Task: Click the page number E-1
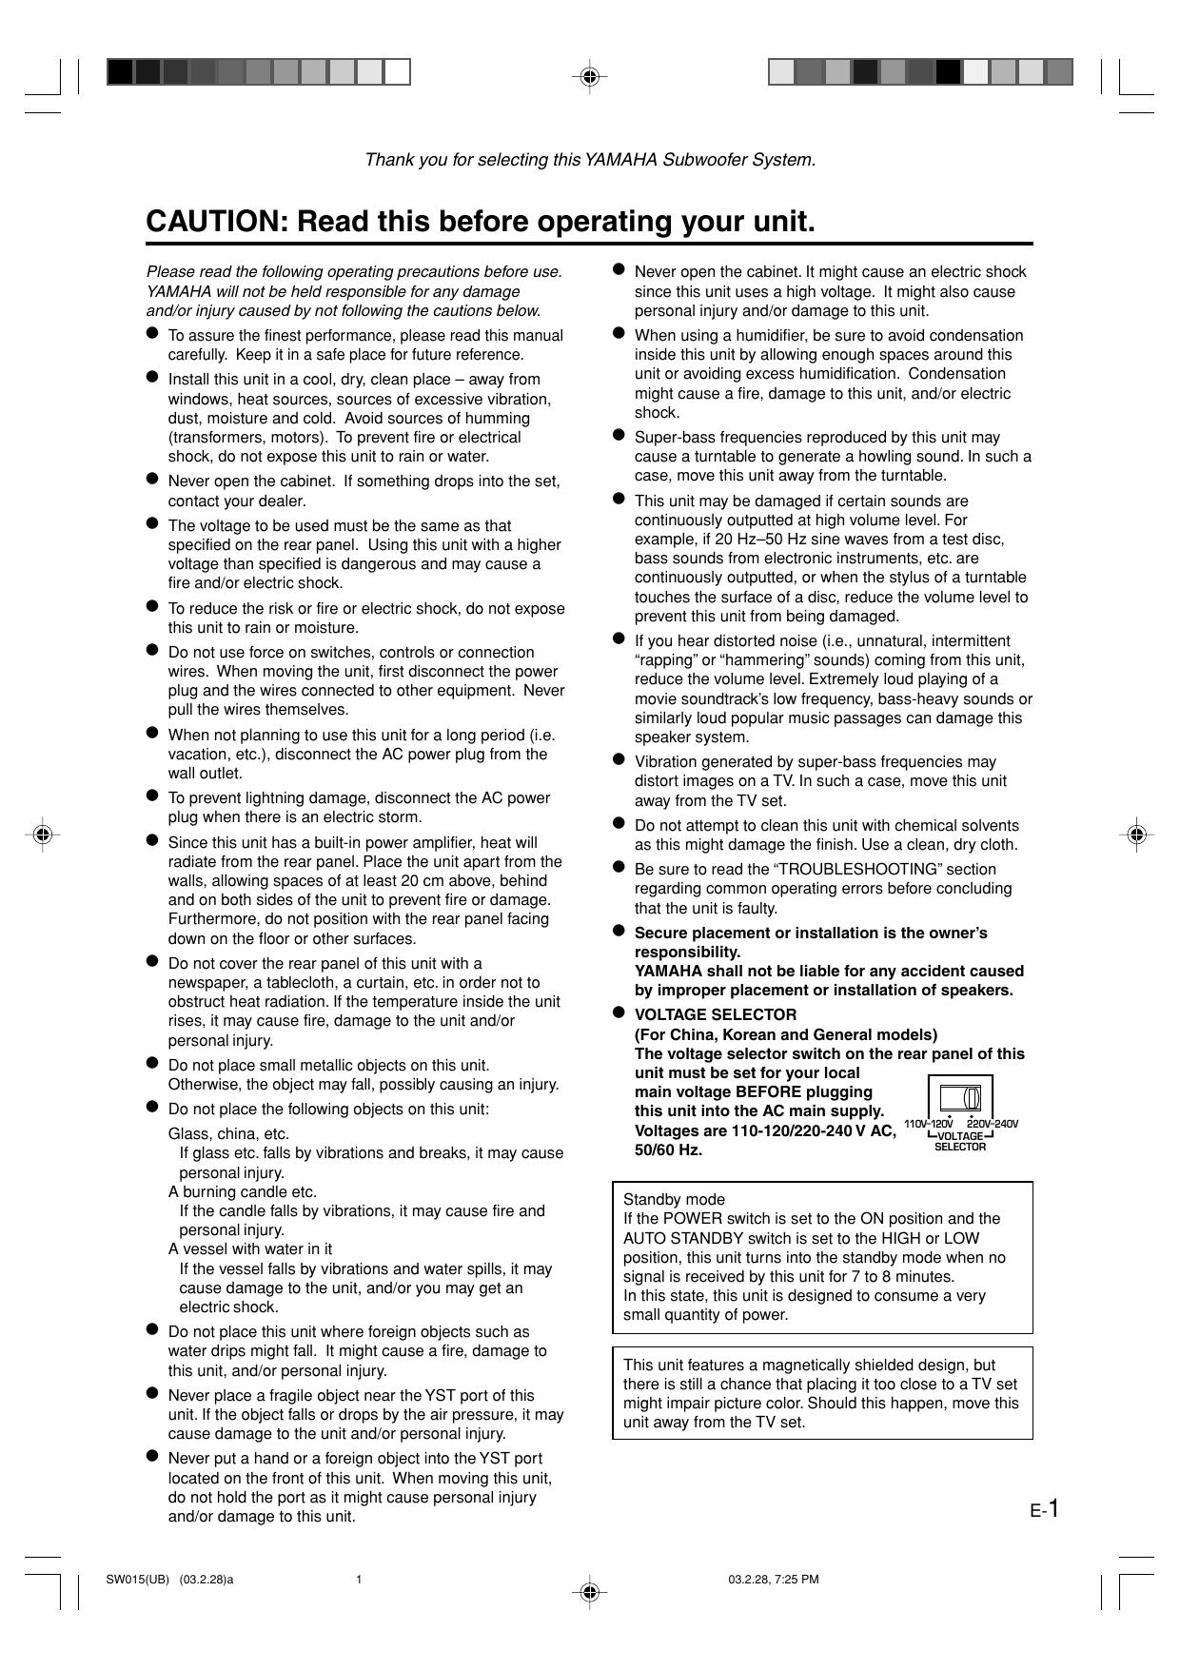(x=1044, y=1509)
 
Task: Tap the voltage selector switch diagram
(x=960, y=1098)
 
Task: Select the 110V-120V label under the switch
(x=929, y=1124)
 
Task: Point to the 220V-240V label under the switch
(x=993, y=1124)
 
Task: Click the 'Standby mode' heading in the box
(x=674, y=1199)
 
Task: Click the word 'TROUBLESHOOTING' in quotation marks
(x=819, y=869)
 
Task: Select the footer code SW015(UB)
(x=137, y=1581)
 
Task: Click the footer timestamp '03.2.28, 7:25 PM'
(x=774, y=1581)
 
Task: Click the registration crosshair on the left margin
(x=42, y=835)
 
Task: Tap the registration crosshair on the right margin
(x=1136, y=835)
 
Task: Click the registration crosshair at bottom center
(x=590, y=1591)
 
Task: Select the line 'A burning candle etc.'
(x=243, y=1191)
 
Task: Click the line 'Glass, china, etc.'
(x=228, y=1133)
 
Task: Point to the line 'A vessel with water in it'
(x=250, y=1248)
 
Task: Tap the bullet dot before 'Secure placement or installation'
(x=618, y=932)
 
